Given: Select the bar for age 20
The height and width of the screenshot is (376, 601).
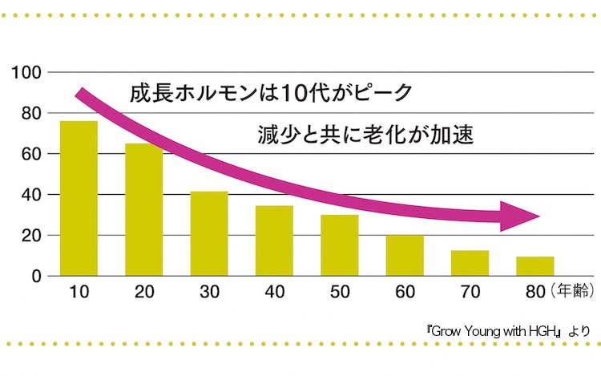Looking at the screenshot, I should coord(143,209).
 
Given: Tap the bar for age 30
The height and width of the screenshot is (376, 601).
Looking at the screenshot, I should coord(208,233).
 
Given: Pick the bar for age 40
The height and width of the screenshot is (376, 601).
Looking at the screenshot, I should coord(274,241).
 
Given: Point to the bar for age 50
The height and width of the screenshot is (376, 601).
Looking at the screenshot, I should coord(339,245).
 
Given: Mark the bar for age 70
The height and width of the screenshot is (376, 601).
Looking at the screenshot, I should coord(470,263).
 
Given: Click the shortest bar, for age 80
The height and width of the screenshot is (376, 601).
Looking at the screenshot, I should coord(534,266).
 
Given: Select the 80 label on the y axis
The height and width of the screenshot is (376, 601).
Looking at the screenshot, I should coord(30,113).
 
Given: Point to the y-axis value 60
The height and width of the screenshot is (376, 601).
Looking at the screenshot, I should coord(30,154).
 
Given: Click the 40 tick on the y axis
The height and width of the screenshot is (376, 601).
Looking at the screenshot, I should coord(30,195).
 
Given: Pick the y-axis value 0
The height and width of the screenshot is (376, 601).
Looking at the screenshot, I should coord(35,277).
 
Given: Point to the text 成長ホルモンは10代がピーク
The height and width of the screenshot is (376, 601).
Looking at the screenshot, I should coord(270,92).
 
